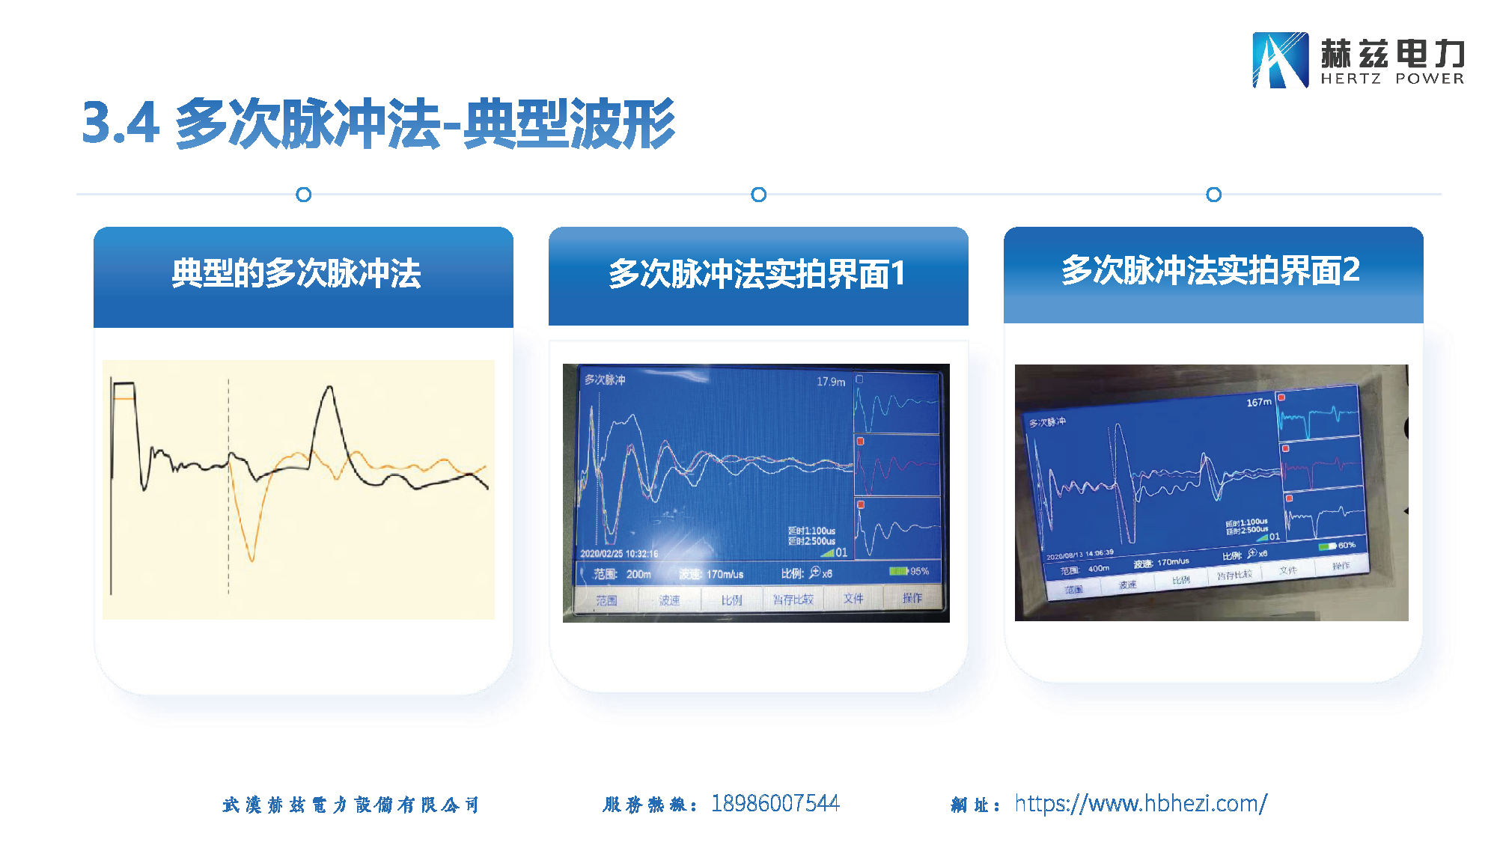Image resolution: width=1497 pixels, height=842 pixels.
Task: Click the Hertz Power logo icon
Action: (1280, 60)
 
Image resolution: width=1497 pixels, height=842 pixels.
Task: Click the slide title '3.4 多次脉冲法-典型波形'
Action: (378, 123)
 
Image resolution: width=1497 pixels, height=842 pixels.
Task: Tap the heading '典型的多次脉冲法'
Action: (296, 274)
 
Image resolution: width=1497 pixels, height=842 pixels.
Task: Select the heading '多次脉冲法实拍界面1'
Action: (757, 274)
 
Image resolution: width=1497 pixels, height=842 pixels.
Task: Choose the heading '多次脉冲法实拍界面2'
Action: (1210, 270)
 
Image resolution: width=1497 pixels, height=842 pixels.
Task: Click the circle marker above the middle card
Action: (758, 195)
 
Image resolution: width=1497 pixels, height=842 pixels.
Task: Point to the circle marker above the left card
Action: (303, 195)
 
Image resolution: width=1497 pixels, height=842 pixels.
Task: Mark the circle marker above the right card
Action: (1213, 195)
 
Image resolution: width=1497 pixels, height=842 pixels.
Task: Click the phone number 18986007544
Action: (775, 804)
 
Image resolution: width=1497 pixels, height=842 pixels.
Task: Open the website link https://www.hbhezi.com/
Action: (1141, 804)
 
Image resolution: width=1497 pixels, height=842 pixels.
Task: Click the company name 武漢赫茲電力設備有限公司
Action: (350, 805)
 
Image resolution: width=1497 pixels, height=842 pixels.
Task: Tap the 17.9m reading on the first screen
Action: (831, 382)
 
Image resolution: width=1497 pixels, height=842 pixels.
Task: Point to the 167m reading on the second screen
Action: (1259, 403)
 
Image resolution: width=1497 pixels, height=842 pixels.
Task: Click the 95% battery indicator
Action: (909, 571)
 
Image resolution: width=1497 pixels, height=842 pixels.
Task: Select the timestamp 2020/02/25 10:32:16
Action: (619, 554)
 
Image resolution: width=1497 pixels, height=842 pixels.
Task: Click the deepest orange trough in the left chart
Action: (251, 559)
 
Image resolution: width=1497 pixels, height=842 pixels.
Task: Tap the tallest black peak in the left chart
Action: (329, 387)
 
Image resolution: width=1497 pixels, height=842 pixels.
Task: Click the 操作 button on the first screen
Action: (912, 598)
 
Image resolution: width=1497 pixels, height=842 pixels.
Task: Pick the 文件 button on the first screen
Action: (853, 599)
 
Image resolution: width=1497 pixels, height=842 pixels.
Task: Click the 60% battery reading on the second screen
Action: (1346, 545)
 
